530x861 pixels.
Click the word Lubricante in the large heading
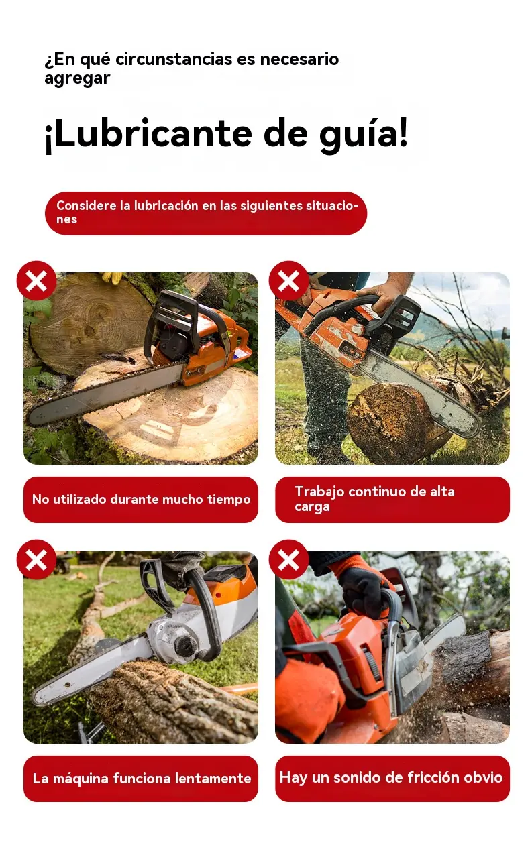pyautogui.click(x=154, y=133)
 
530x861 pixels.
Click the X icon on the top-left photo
pyautogui.click(x=36, y=280)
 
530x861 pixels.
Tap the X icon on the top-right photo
pyautogui.click(x=288, y=280)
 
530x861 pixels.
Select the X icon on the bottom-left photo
pyautogui.click(x=36, y=560)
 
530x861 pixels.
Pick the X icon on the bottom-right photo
pyautogui.click(x=288, y=560)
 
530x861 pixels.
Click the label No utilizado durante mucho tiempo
pyautogui.click(x=141, y=500)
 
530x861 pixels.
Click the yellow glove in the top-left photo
pyautogui.click(x=112, y=277)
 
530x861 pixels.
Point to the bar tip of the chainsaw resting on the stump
pyautogui.click(x=34, y=416)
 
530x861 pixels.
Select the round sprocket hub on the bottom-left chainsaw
pyautogui.click(x=186, y=642)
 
